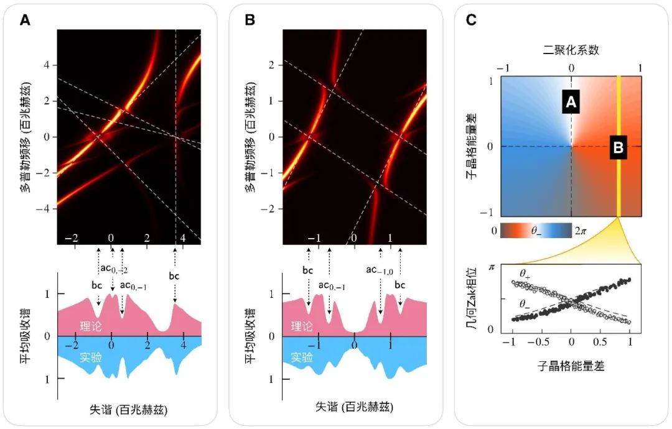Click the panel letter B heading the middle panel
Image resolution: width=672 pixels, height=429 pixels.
(x=250, y=20)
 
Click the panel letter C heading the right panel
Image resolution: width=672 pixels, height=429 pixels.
(x=471, y=20)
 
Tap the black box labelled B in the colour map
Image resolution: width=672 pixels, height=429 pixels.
(x=618, y=147)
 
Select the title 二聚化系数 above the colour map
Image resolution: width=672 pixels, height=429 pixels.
(x=571, y=50)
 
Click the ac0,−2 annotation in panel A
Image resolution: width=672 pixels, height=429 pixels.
(x=112, y=269)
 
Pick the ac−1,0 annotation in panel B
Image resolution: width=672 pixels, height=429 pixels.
(x=380, y=269)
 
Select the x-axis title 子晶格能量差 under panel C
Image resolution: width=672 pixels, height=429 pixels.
(x=572, y=366)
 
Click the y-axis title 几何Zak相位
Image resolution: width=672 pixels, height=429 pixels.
(x=474, y=298)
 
